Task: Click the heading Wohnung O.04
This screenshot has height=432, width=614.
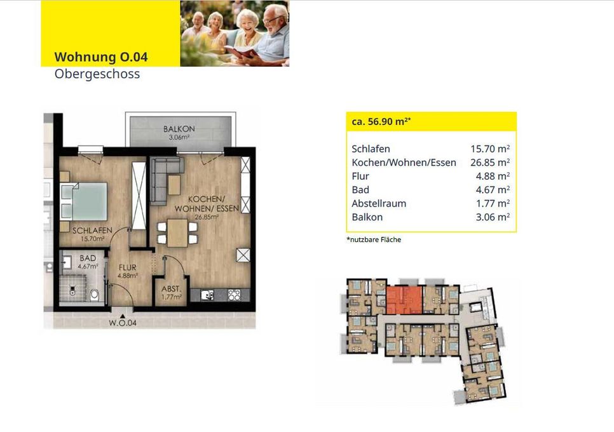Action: pyautogui.click(x=101, y=57)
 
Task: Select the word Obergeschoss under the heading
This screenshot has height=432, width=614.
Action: pyautogui.click(x=97, y=74)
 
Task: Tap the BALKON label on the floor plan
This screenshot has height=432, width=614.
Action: pyautogui.click(x=179, y=129)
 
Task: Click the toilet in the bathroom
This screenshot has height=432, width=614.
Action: pyautogui.click(x=95, y=294)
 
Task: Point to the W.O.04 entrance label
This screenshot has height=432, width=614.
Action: pyautogui.click(x=122, y=323)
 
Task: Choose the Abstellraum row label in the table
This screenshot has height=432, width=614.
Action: pyautogui.click(x=379, y=203)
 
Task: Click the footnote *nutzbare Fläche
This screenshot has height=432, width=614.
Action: pyautogui.click(x=374, y=240)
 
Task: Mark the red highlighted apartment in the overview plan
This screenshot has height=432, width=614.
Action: pyautogui.click(x=404, y=299)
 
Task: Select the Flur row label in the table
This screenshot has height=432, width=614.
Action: pyautogui.click(x=360, y=176)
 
